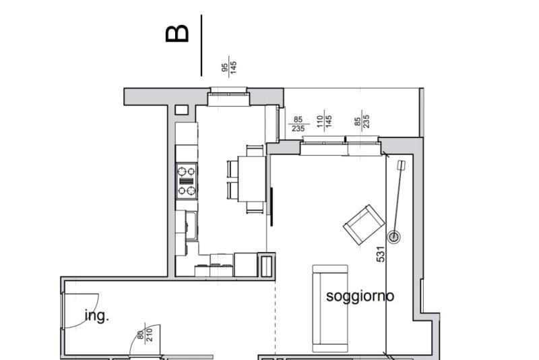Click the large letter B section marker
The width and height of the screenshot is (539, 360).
[x=177, y=34]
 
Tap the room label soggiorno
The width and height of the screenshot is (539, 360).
[x=360, y=296]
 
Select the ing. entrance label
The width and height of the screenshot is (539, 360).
[x=96, y=316]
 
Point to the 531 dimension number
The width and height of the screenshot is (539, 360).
[x=381, y=254]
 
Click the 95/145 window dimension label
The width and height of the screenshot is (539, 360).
[x=229, y=67]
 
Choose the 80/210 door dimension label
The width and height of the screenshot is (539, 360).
[x=145, y=334]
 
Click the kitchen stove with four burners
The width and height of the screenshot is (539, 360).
[x=187, y=181]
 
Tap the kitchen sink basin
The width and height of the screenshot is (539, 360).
[x=191, y=226]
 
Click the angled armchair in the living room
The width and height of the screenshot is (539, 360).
[x=364, y=224]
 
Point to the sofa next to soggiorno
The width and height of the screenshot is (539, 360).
[x=329, y=308]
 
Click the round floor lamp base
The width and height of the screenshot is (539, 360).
[x=394, y=237]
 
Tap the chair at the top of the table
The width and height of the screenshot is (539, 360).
[x=255, y=150]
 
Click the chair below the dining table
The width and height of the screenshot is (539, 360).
[x=255, y=208]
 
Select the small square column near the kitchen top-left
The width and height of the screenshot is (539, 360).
[x=181, y=110]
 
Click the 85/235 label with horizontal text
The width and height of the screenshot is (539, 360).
[x=298, y=124]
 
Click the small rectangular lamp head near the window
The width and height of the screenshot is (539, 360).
[x=401, y=165]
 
